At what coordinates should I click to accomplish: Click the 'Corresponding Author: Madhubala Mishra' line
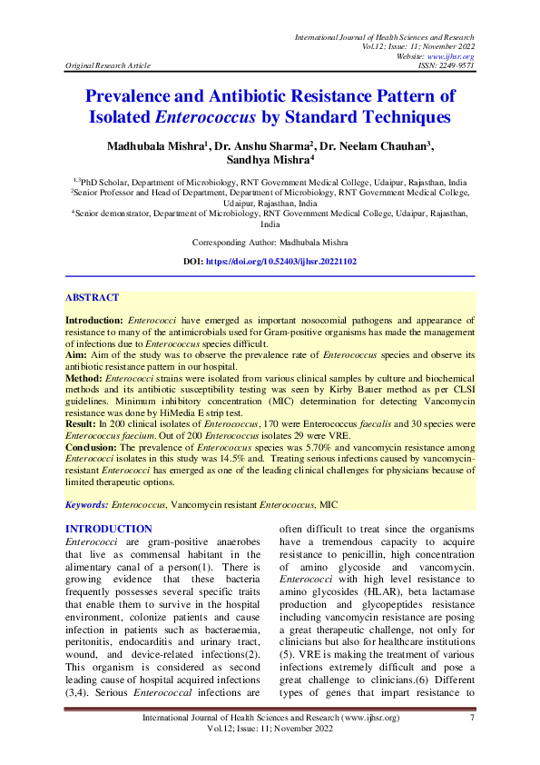(x=270, y=243)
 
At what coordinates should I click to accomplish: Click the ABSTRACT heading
(x=92, y=298)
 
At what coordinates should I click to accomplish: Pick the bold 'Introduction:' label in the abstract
(x=95, y=322)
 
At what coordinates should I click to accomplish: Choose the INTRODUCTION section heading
(x=108, y=529)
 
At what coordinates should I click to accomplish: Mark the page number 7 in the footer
(x=472, y=719)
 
